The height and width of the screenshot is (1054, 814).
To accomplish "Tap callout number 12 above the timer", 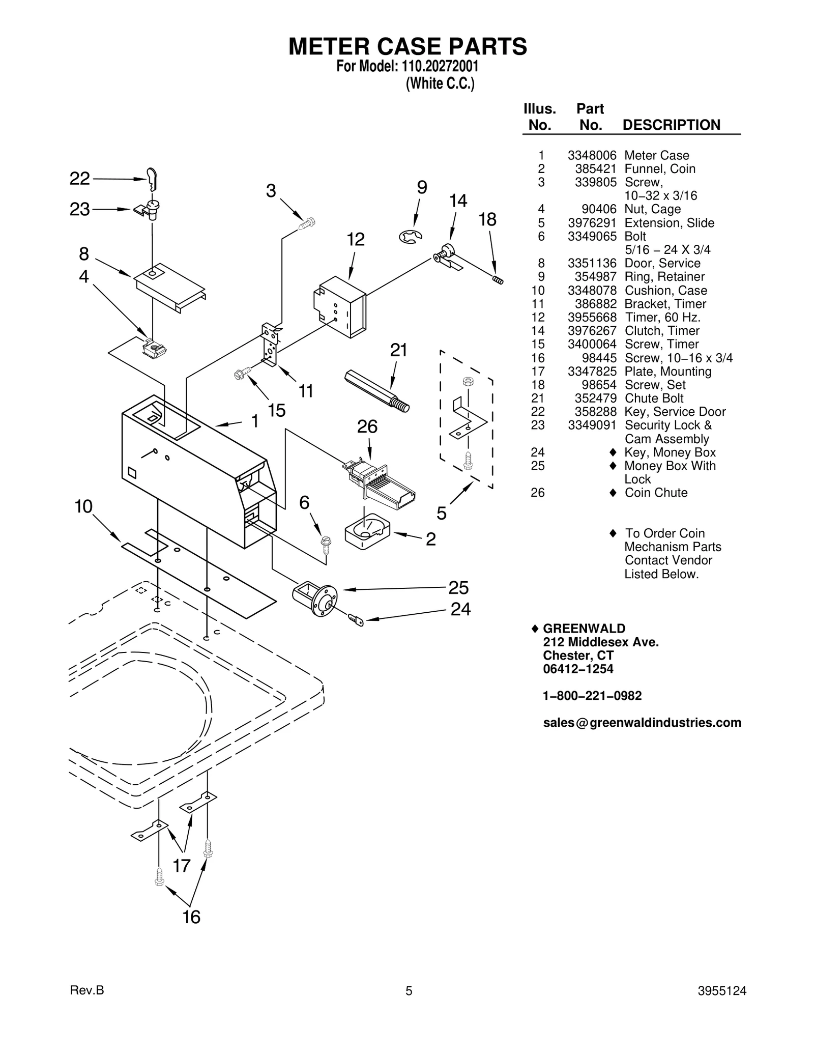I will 356,240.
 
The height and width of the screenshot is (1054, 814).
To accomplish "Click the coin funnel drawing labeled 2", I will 366,532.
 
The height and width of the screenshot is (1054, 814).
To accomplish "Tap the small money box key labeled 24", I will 357,619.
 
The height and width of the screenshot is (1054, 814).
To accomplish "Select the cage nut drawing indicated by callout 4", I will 155,349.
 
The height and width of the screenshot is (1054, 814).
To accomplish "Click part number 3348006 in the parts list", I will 592,156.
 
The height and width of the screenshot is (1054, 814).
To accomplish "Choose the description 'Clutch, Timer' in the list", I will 661,331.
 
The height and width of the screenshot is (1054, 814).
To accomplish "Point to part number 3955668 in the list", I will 592,318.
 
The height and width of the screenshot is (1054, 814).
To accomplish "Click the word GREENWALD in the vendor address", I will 584,629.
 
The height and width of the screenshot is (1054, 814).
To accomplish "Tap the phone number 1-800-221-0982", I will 592,696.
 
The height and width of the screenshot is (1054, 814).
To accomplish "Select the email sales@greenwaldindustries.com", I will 642,723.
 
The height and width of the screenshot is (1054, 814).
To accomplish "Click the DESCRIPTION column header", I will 671,125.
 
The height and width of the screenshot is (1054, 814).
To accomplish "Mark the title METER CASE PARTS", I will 408,47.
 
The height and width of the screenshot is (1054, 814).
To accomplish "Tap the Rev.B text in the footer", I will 86,990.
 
